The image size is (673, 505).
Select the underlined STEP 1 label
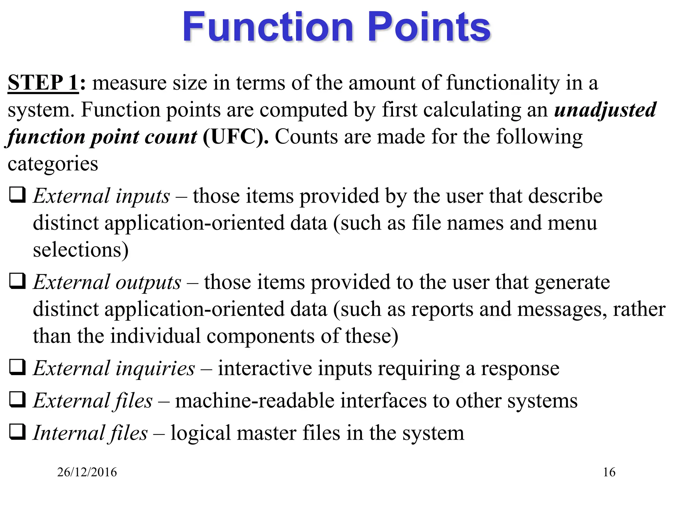pos(43,82)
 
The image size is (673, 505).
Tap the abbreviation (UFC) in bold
pos(235,136)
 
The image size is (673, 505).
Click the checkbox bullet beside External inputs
pos(17,195)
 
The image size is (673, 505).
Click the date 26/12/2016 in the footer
pos(87,472)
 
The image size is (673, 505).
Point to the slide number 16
pos(609,472)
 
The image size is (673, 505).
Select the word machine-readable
pos(254,400)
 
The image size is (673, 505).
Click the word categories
pos(53,164)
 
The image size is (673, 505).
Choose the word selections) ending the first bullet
pos(81,250)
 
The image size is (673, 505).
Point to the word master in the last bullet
pos(267,433)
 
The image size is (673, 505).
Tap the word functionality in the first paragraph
pos(503,83)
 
